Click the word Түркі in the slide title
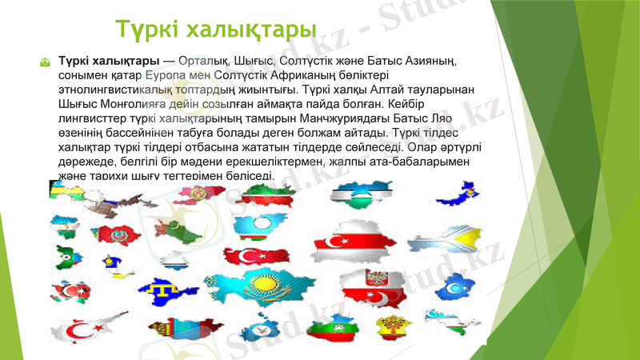tap(146, 30)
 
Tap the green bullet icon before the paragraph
tap(46, 62)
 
